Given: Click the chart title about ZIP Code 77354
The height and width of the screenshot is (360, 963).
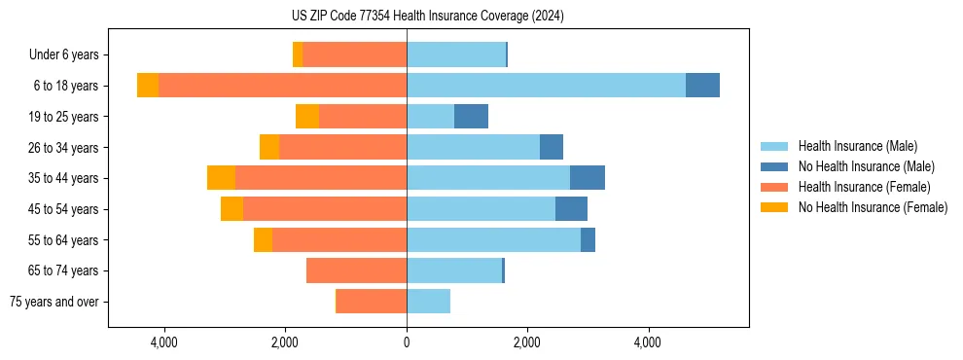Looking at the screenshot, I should click(481, 17).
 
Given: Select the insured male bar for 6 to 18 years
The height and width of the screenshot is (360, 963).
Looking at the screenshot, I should click(546, 86).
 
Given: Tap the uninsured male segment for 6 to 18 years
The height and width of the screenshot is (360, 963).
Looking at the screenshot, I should click(702, 86).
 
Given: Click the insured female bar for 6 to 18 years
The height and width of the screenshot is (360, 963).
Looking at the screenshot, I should click(282, 86).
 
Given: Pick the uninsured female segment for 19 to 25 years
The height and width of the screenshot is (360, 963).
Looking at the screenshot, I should click(307, 117).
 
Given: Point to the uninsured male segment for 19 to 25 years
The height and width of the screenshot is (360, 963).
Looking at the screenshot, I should click(471, 117).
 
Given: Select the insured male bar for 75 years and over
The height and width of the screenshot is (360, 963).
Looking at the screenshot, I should click(428, 302).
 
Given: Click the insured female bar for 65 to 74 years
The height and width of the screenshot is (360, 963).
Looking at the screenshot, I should click(356, 270).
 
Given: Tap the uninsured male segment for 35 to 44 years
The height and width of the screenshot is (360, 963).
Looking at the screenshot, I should click(588, 178).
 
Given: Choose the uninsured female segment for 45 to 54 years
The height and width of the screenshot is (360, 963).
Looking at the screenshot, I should click(232, 209).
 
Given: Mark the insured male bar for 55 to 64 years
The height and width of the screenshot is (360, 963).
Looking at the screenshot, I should click(493, 240).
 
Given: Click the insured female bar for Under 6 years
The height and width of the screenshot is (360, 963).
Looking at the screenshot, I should click(354, 54).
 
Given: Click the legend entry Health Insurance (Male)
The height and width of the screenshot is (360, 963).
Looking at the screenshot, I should click(857, 147).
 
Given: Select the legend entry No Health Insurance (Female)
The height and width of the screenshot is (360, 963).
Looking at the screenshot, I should click(873, 207).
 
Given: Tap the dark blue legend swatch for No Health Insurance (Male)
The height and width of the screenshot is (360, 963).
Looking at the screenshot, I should click(774, 167).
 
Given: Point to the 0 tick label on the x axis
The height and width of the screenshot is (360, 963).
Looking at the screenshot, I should click(407, 342).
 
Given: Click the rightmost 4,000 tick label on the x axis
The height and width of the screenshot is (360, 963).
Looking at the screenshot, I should click(648, 342).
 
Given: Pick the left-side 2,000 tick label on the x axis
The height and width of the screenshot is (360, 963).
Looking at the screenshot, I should click(284, 342).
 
